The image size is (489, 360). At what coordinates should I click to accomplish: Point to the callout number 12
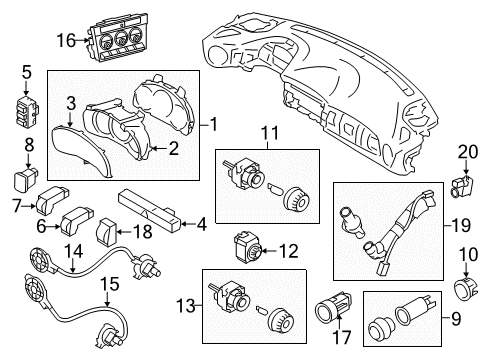289,250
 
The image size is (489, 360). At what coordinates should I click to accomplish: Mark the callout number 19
458,227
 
